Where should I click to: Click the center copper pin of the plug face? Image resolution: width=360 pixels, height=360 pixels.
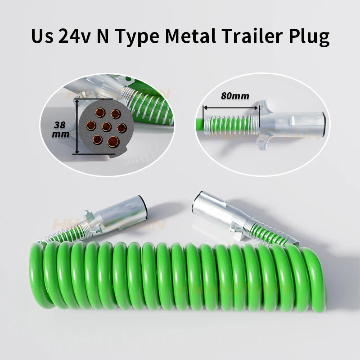click(106, 126)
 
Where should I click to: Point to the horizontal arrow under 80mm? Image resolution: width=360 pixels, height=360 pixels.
click(230, 108)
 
